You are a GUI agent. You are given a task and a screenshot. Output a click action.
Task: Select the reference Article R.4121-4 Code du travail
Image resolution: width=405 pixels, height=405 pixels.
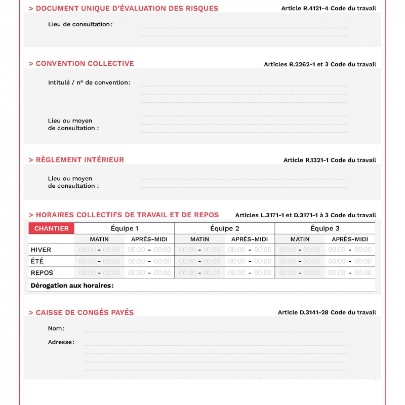pos(329,9)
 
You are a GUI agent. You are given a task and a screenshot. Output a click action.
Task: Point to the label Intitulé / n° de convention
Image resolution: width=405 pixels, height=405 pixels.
pos(89,83)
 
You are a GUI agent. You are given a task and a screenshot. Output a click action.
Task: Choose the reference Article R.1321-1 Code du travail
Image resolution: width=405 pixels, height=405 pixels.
pos(330,160)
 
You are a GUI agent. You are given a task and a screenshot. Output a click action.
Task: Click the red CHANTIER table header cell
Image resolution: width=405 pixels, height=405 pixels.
pos(52,228)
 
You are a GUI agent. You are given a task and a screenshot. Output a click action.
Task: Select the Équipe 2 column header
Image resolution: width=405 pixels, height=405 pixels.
pos(225,228)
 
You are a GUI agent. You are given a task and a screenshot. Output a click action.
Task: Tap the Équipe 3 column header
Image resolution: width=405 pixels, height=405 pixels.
pos(325,228)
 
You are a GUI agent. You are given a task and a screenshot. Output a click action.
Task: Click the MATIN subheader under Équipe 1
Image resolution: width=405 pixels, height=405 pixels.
pos(99,239)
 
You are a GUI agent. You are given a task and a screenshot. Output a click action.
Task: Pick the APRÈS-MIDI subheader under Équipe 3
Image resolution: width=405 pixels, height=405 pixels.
pos(350,239)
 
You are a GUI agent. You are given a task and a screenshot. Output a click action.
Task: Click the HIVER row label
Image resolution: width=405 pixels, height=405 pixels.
pos(41,250)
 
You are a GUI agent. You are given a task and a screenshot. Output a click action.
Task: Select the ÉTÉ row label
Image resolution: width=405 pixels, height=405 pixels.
pos(37,261)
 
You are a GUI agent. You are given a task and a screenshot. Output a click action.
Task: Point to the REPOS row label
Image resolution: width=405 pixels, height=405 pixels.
pos(42,273)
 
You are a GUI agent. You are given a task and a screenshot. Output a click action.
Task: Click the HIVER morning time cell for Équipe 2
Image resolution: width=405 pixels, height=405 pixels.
pos(199,250)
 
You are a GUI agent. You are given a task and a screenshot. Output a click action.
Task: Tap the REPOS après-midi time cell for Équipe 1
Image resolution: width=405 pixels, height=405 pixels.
pos(149,273)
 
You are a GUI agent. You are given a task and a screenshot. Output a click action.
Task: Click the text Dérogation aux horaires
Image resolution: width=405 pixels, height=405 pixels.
pos(72,286)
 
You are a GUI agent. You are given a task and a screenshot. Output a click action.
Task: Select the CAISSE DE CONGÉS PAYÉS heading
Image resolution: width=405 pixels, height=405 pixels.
pos(85,313)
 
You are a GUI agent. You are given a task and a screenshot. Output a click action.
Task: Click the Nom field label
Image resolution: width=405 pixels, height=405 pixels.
pos(56,329)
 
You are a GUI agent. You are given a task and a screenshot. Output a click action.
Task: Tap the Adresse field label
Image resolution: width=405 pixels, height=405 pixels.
pos(61,342)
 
